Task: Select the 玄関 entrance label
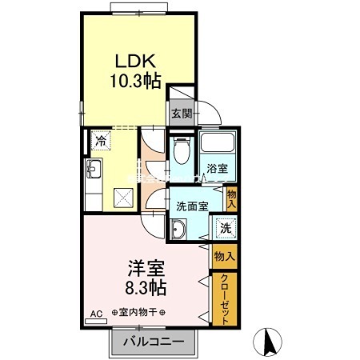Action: coord(181,114)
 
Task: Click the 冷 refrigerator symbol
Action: coord(102,141)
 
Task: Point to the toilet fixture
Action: coord(181,150)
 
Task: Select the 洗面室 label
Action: coord(192,206)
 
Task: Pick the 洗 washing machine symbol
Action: coord(225,228)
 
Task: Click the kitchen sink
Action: coord(93,169)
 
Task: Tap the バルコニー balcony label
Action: coord(154,342)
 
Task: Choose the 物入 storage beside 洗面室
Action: coord(232,198)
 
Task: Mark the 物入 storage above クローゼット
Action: coord(225,257)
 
